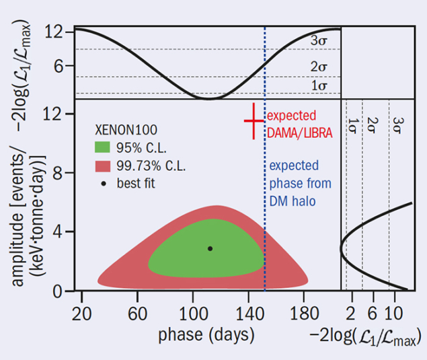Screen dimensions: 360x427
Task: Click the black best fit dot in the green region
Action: (x=210, y=248)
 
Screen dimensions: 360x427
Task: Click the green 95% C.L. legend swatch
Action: (x=103, y=146)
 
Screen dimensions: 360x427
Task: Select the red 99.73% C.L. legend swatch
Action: (x=103, y=165)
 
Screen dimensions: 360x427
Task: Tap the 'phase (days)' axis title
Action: (x=206, y=334)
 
